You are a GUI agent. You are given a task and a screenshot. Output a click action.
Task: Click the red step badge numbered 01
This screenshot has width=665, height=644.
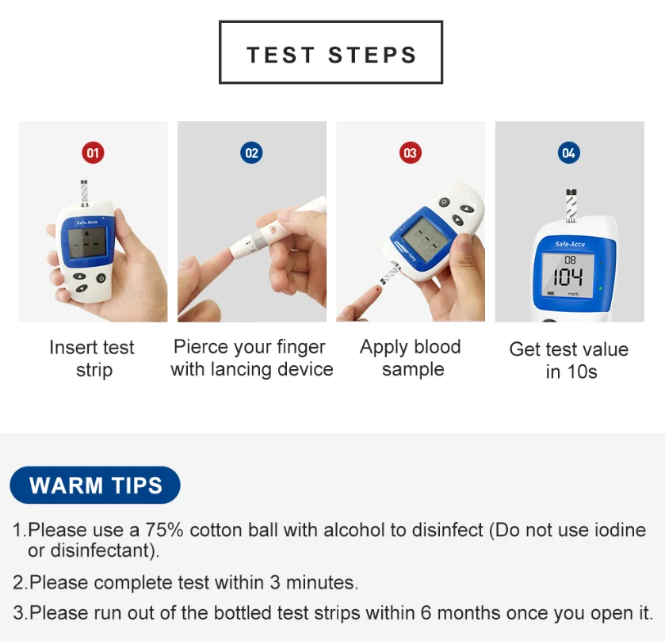[93, 153]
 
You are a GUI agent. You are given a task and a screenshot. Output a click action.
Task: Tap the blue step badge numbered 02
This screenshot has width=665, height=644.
[251, 153]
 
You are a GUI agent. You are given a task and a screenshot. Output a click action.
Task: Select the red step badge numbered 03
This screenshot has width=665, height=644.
[411, 153]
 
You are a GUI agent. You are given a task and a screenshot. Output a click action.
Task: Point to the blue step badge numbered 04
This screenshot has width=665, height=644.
[569, 153]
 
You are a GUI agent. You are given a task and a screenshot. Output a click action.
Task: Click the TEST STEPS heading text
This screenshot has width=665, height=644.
[331, 55]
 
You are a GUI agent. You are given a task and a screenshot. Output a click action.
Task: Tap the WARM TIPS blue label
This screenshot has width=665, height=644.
[95, 485]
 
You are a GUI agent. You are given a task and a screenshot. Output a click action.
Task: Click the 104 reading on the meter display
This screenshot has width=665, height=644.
[568, 277]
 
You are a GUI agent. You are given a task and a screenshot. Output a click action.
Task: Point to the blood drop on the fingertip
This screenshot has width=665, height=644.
[377, 289]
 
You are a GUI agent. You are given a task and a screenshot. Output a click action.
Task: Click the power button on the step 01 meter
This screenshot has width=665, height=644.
[101, 278]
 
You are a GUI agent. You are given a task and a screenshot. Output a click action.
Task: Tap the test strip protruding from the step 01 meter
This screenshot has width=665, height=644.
[84, 193]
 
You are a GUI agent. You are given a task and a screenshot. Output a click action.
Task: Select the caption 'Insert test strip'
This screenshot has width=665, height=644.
[93, 358]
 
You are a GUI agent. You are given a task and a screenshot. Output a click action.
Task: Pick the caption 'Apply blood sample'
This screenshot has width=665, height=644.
[411, 358]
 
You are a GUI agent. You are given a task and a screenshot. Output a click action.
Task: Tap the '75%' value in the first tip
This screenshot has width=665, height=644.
[165, 530]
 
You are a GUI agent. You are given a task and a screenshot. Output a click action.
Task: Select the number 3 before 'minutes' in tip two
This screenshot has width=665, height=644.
[275, 582]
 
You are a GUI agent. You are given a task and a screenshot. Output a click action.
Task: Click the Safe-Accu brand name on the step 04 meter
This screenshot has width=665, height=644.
[570, 244]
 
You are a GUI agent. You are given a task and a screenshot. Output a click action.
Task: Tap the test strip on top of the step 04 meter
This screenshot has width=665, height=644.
[571, 205]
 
